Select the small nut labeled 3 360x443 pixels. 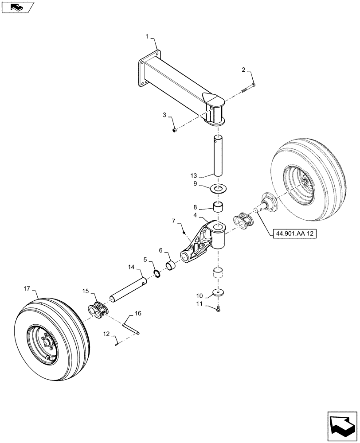pos(175,130)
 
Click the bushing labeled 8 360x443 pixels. pos(218,207)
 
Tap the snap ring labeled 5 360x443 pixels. pos(157,273)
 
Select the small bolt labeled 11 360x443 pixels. pos(219,310)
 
